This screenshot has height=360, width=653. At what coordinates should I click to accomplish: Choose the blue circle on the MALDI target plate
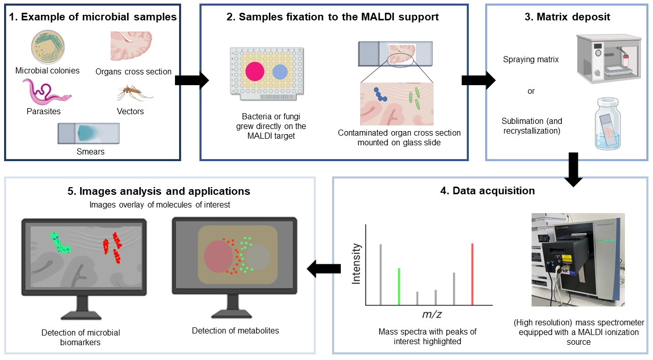(280, 72)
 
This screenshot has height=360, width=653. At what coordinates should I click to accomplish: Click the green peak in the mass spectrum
(398, 286)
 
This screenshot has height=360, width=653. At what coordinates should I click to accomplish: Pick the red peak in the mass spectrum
(472, 274)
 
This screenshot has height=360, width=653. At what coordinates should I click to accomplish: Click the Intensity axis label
(356, 264)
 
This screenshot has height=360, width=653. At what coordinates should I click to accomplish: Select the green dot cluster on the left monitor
(60, 243)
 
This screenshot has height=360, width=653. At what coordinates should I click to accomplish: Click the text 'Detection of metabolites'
(235, 330)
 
